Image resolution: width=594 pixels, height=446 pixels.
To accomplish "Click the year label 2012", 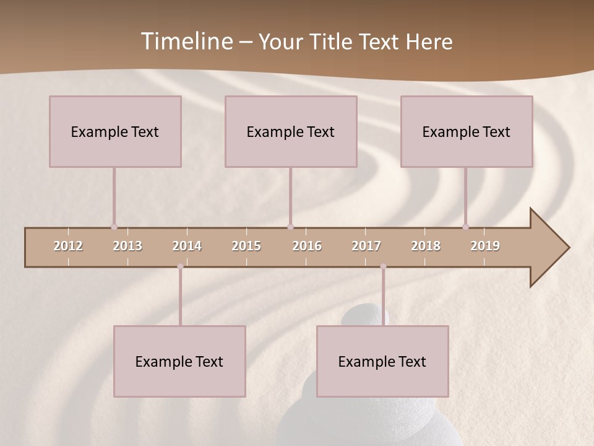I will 68,246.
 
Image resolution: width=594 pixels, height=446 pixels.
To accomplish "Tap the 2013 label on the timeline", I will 127,246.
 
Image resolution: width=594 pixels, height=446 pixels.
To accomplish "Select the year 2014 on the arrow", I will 187,246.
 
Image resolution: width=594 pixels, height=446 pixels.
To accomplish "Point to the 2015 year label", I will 246,246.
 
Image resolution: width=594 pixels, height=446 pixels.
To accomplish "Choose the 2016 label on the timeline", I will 307,246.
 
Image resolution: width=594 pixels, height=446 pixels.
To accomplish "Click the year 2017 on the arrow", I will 366,246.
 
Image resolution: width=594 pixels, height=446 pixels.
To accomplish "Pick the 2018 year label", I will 426,246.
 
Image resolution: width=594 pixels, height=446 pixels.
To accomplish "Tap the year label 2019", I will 485,246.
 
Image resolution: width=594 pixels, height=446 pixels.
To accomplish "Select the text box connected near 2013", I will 115,131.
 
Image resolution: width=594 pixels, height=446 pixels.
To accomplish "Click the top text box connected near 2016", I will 291,131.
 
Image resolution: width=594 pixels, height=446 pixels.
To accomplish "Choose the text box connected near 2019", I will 467,131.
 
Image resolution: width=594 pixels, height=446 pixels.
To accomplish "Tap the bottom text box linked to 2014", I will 179,361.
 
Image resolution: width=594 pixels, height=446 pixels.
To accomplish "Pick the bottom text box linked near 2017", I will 382,361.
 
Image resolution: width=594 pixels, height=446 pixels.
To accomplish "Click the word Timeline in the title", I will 186,42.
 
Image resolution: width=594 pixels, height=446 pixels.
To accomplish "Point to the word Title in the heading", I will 334,42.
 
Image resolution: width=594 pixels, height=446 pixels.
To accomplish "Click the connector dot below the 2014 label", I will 181,266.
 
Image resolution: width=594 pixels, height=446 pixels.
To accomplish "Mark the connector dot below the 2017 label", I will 383,266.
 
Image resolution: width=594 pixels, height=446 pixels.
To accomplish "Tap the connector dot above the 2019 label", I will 466,227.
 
